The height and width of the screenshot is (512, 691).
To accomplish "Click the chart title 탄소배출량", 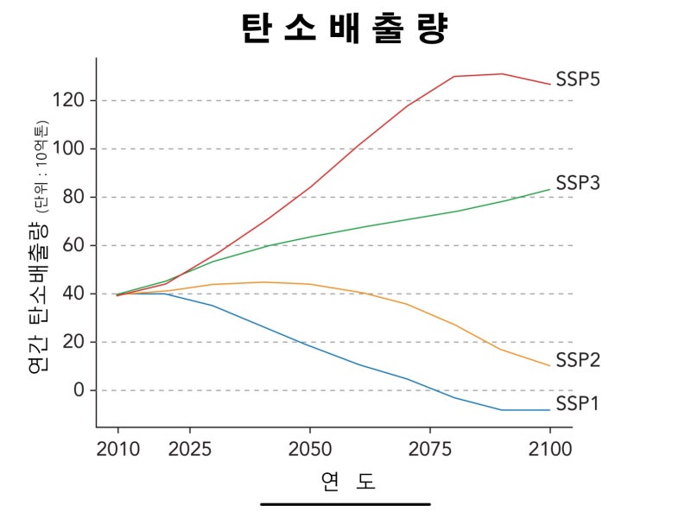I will (345, 28).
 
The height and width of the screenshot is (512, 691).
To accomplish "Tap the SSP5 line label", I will (578, 79).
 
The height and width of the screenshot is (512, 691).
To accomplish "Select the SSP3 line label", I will (578, 183).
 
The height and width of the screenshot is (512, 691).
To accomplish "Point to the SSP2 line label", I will (578, 359).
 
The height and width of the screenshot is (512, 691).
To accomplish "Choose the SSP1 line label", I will (578, 403).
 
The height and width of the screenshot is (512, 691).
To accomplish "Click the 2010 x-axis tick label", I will (118, 450).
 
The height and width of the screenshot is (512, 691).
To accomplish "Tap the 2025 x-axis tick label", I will (190, 450).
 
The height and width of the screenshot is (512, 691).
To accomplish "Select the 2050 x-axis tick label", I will (310, 450).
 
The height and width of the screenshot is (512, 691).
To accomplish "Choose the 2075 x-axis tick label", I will (430, 450).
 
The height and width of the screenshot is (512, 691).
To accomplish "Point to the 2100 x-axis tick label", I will (550, 450).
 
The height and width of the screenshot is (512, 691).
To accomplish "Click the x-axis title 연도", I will (345, 480).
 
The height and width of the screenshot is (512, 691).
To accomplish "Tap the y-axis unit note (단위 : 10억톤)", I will (41, 167).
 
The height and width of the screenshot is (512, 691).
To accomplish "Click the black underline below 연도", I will (345, 503).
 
